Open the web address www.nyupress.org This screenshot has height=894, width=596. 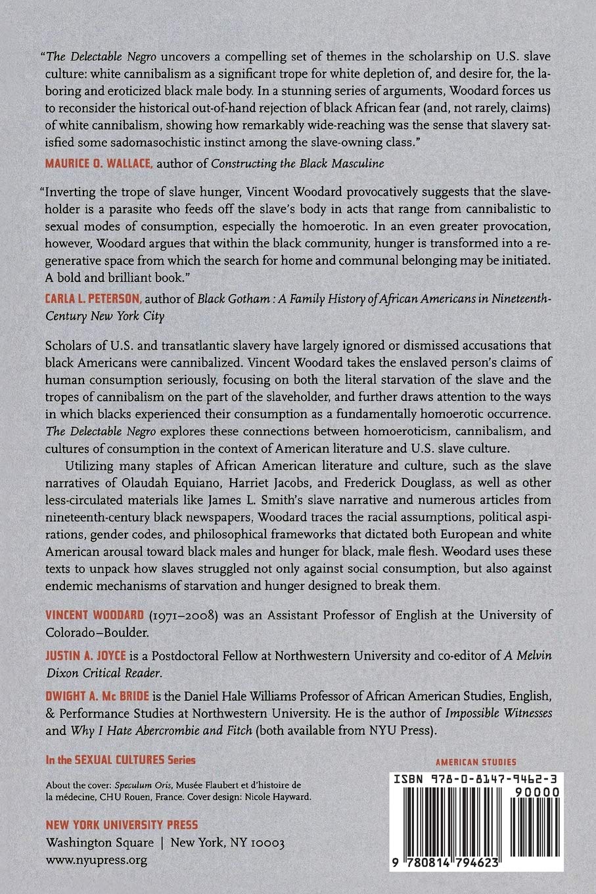coord(96,859)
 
